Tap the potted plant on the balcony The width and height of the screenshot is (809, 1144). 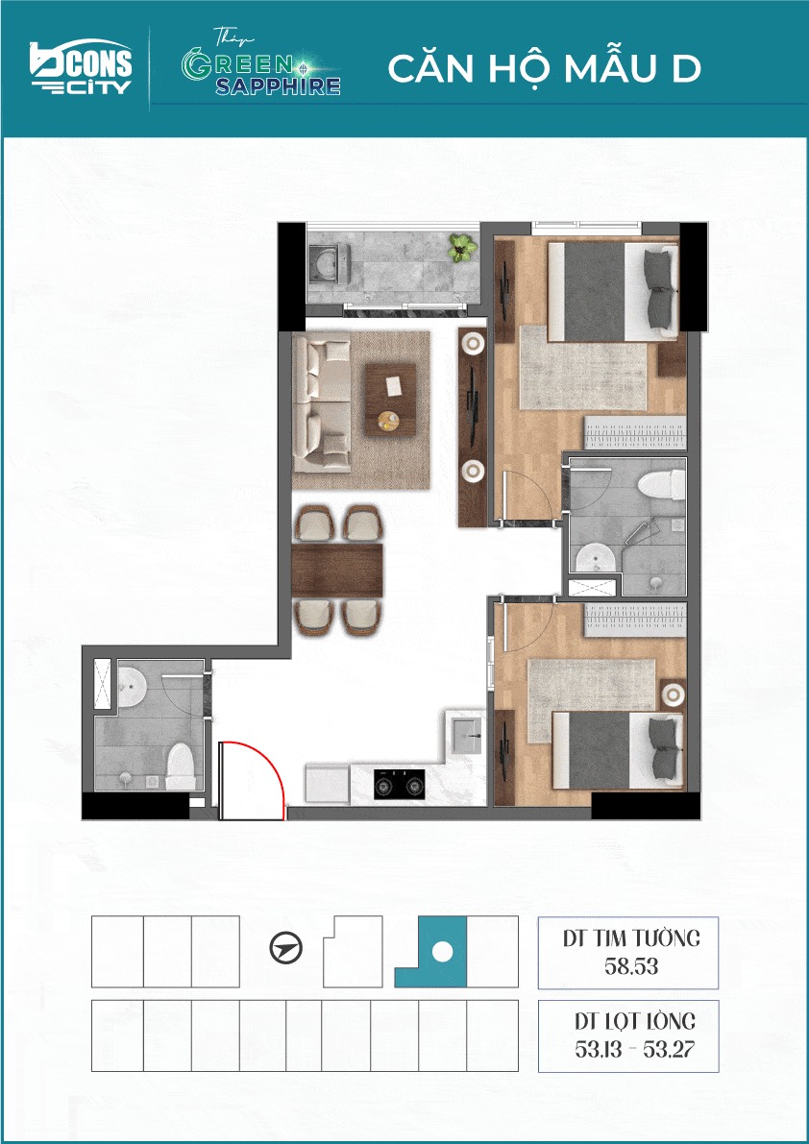pyautogui.click(x=460, y=247)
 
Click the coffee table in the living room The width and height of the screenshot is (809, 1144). pyautogui.click(x=390, y=400)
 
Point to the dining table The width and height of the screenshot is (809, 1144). pyautogui.click(x=337, y=570)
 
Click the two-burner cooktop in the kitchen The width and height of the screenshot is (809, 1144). pyautogui.click(x=400, y=785)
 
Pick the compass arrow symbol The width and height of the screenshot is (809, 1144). pyautogui.click(x=286, y=949)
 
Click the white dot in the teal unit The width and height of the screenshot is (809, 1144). pyautogui.click(x=441, y=951)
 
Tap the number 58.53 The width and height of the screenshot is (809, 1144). pyautogui.click(x=632, y=966)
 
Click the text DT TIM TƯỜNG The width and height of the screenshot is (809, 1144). pyautogui.click(x=632, y=937)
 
